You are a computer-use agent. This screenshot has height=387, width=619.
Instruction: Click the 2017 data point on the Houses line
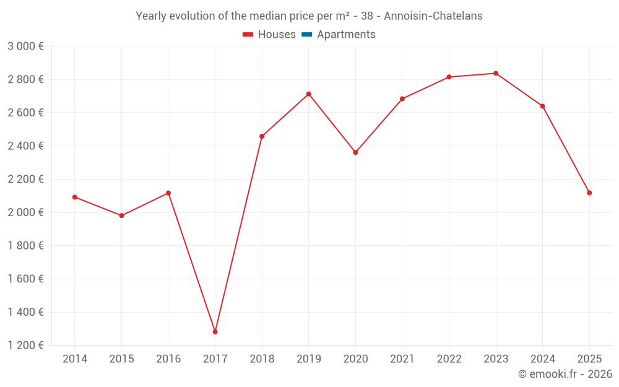click(x=215, y=332)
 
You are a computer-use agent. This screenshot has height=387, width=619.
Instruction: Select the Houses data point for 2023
click(x=496, y=74)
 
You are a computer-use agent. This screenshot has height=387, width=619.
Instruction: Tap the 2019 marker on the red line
click(x=308, y=94)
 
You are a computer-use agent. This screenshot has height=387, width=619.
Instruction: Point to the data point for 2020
click(x=355, y=152)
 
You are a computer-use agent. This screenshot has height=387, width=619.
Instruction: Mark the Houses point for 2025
click(x=589, y=193)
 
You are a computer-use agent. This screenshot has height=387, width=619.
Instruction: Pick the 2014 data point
click(x=75, y=197)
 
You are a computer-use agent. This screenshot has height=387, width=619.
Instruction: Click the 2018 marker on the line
click(x=262, y=136)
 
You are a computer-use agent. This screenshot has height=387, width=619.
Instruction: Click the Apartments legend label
click(x=346, y=35)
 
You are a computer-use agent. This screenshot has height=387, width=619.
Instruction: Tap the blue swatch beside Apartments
click(x=306, y=35)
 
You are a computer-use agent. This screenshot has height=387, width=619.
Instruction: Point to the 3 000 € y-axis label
click(x=25, y=46)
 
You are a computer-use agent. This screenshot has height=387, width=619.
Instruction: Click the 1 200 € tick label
click(x=25, y=346)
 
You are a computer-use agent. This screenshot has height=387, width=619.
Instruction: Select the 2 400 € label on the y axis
click(x=25, y=146)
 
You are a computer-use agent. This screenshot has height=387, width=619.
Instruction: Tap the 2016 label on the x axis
click(x=168, y=359)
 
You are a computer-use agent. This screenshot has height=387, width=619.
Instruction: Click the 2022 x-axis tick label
click(x=449, y=359)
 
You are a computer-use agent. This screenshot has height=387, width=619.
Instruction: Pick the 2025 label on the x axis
click(x=589, y=359)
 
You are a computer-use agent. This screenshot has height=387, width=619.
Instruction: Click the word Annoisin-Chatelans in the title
click(x=433, y=16)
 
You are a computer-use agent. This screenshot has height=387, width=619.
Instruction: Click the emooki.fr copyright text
click(x=565, y=374)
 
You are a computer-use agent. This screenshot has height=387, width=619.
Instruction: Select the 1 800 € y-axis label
click(x=25, y=246)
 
